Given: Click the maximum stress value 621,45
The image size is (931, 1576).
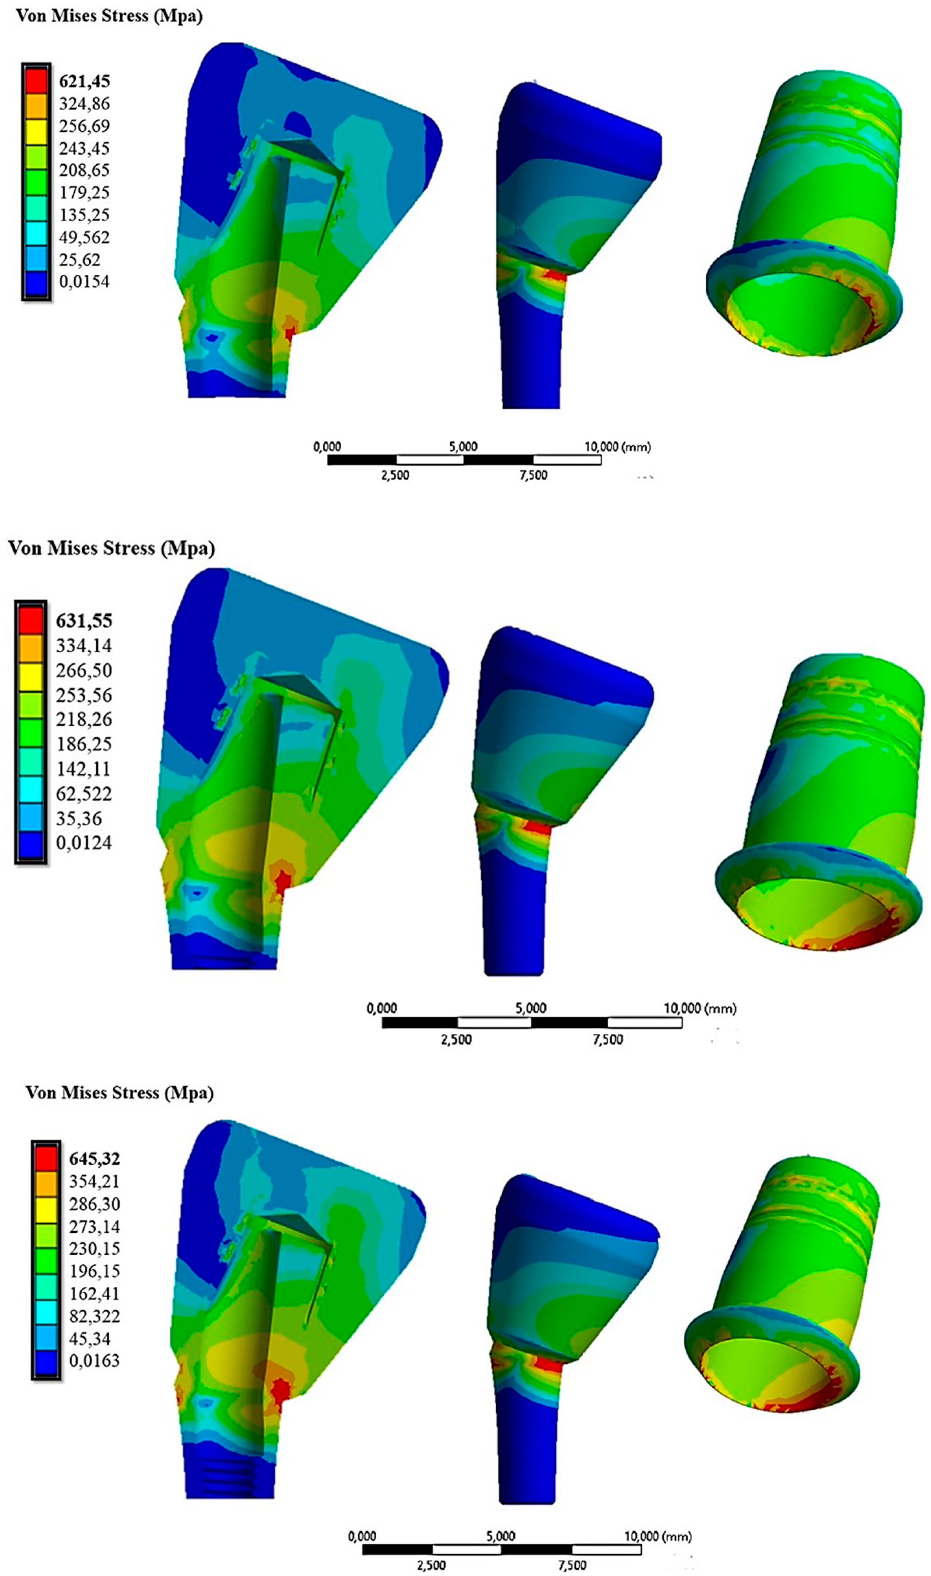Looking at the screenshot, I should tap(84, 82).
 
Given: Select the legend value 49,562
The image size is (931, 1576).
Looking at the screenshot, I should tap(84, 237).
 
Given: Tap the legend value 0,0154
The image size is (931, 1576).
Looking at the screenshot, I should tap(84, 282).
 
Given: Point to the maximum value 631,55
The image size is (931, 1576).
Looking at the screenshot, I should tap(84, 621).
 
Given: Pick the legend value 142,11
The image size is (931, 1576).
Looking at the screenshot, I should tap(84, 769).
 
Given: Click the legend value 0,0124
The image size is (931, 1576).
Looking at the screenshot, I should tap(84, 843).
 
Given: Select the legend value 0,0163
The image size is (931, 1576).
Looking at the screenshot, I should tap(94, 1361).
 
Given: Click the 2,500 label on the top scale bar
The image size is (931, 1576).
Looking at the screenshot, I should tap(395, 475).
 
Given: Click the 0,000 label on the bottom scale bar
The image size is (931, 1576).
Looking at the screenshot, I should tap(362, 1537).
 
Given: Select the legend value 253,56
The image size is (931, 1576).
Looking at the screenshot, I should tap(84, 695).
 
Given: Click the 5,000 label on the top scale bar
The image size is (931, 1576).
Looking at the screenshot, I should tap(463, 447).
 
